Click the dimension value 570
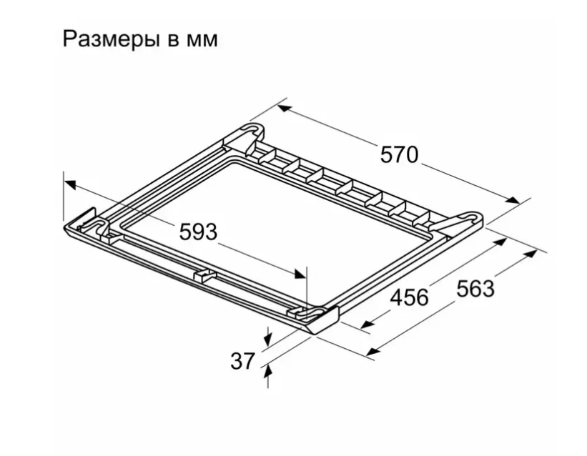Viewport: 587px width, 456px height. tap(398, 154)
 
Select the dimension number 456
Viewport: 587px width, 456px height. tap(408, 297)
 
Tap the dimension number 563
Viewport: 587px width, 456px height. tap(475, 287)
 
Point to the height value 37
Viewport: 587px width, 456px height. tap(242, 362)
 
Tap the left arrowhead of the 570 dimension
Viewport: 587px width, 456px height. tap(284, 109)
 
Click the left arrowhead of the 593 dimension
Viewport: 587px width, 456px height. tap(69, 184)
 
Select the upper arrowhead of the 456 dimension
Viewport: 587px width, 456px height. tap(500, 242)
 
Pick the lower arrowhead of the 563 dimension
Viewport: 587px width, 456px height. tap(373, 350)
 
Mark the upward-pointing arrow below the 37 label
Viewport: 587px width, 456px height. tap(268, 372)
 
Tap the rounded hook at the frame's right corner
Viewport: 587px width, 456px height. tap(473, 214)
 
